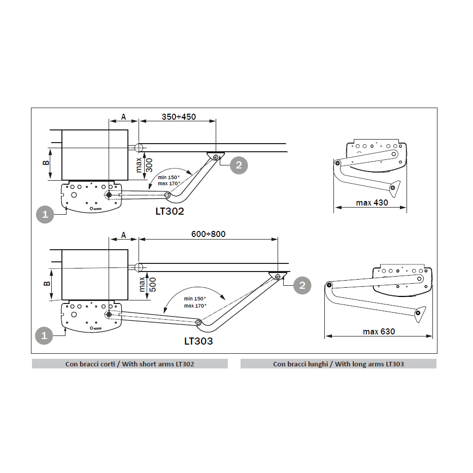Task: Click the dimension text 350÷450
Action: [179, 117]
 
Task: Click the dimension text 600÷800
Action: [208, 234]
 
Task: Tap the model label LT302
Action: [170, 211]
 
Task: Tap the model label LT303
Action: [198, 341]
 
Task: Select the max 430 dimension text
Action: [372, 202]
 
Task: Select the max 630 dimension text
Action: [379, 331]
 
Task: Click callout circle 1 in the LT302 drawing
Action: [45, 215]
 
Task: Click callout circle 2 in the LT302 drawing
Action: [239, 165]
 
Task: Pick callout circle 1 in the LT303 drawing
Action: [44, 335]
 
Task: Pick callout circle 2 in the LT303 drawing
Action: [302, 285]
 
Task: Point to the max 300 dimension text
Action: [144, 165]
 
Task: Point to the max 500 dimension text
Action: [148, 285]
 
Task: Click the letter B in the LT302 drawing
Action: [46, 162]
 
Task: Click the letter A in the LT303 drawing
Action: [123, 235]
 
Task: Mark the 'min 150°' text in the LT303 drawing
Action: [195, 298]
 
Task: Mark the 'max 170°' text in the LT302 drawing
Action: [169, 183]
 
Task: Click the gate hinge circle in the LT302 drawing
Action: [139, 148]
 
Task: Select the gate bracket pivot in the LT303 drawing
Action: [278, 276]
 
